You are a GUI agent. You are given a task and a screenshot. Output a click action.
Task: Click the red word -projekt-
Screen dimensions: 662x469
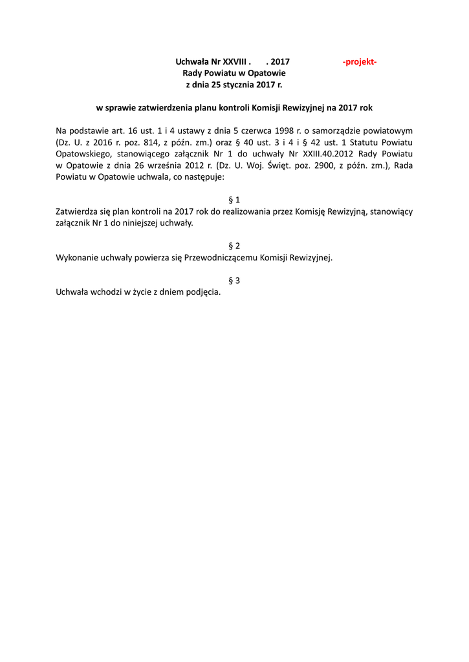pos(360,61)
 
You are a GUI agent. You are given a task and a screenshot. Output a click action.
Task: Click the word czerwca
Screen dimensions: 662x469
pos(259,131)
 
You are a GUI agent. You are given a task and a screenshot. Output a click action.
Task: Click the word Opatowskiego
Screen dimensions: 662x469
pos(83,154)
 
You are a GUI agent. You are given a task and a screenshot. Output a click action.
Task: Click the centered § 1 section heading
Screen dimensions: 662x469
pos(234,200)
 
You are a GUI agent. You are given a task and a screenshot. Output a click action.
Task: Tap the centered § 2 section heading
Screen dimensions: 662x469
pos(234,246)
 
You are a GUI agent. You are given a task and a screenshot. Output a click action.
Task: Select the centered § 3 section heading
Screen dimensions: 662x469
pos(234,280)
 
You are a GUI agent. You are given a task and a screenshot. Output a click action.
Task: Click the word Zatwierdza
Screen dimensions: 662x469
pos(77,211)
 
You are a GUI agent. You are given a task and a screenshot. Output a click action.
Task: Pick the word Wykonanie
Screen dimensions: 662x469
pos(77,257)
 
